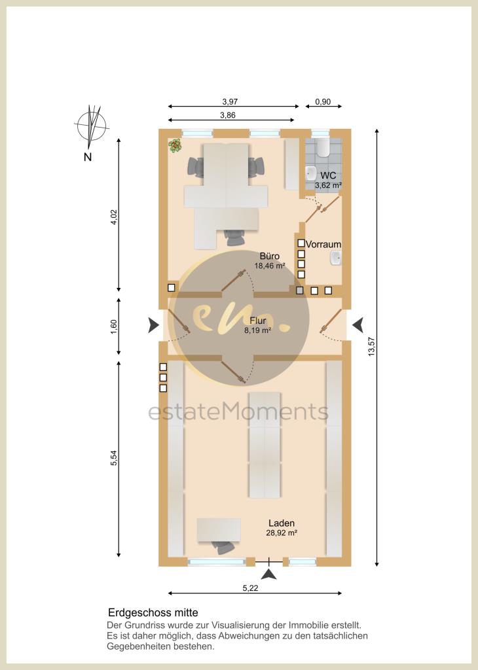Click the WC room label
coord(328,175)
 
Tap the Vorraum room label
coord(323,245)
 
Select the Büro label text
coord(269,256)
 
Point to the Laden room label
coord(282,523)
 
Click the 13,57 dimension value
coord(371,347)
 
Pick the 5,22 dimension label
coord(251,588)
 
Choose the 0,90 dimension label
coord(323,101)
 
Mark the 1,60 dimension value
coord(113,327)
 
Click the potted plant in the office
coord(175,146)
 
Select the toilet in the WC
coord(323,147)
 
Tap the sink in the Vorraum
coord(335,258)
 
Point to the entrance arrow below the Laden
coord(269,574)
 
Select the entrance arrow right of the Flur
coord(358,325)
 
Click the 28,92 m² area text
coord(282,533)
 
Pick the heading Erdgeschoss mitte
coord(153,612)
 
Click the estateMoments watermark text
coord(238,412)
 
